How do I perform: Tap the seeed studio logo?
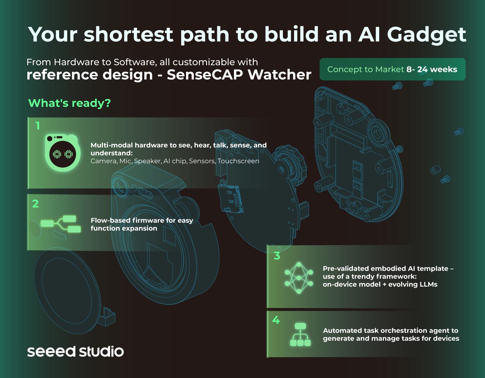coord(75,351)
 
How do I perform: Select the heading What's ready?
coord(70,103)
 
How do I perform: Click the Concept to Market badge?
coord(392,69)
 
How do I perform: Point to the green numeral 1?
coord(38,126)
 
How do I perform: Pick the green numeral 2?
coord(36,204)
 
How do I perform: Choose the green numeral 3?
coord(277,256)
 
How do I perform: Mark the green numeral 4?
coord(276,320)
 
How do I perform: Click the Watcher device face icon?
coord(62,153)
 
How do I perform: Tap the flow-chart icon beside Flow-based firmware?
coord(61,224)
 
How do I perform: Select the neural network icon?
coord(299,278)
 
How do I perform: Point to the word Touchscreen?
coord(238,161)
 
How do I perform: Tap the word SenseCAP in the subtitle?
coord(205,75)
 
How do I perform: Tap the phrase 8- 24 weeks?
coord(432,69)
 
